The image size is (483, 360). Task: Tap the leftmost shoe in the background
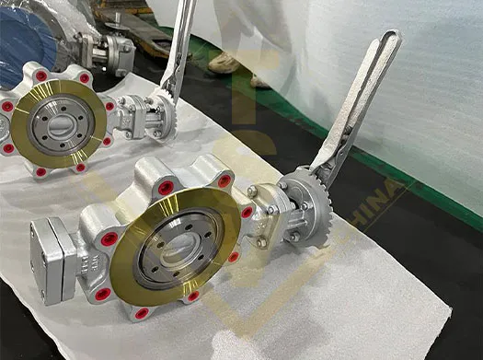pyautogui.click(x=224, y=63)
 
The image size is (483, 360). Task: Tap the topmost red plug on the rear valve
pyautogui.click(x=41, y=75)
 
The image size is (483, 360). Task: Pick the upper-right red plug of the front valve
pyautogui.click(x=224, y=180)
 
